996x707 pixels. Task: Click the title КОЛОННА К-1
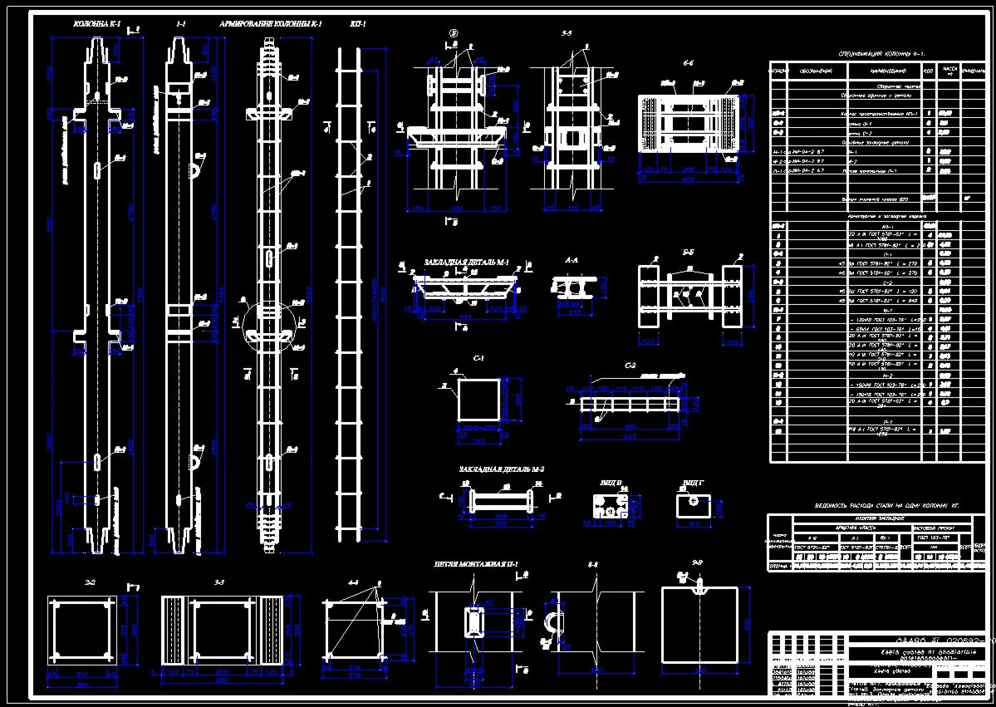(x=97, y=25)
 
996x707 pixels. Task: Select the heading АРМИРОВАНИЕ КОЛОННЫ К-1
(x=270, y=25)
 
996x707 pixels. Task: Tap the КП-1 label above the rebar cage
(x=358, y=24)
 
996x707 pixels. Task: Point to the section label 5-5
(x=567, y=34)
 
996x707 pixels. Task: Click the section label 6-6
(x=689, y=63)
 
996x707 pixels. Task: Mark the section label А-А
(x=572, y=260)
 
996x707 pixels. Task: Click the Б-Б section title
(x=689, y=250)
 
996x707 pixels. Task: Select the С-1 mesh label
(x=478, y=359)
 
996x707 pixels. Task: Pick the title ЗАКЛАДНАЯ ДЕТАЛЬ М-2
(x=501, y=469)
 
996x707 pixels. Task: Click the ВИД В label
(x=611, y=482)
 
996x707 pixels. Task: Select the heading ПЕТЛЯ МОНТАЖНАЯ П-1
(x=475, y=565)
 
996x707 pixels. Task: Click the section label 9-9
(x=697, y=564)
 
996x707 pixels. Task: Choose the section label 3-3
(x=219, y=582)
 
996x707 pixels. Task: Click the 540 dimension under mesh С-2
(x=630, y=435)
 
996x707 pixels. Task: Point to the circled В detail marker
(x=454, y=34)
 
